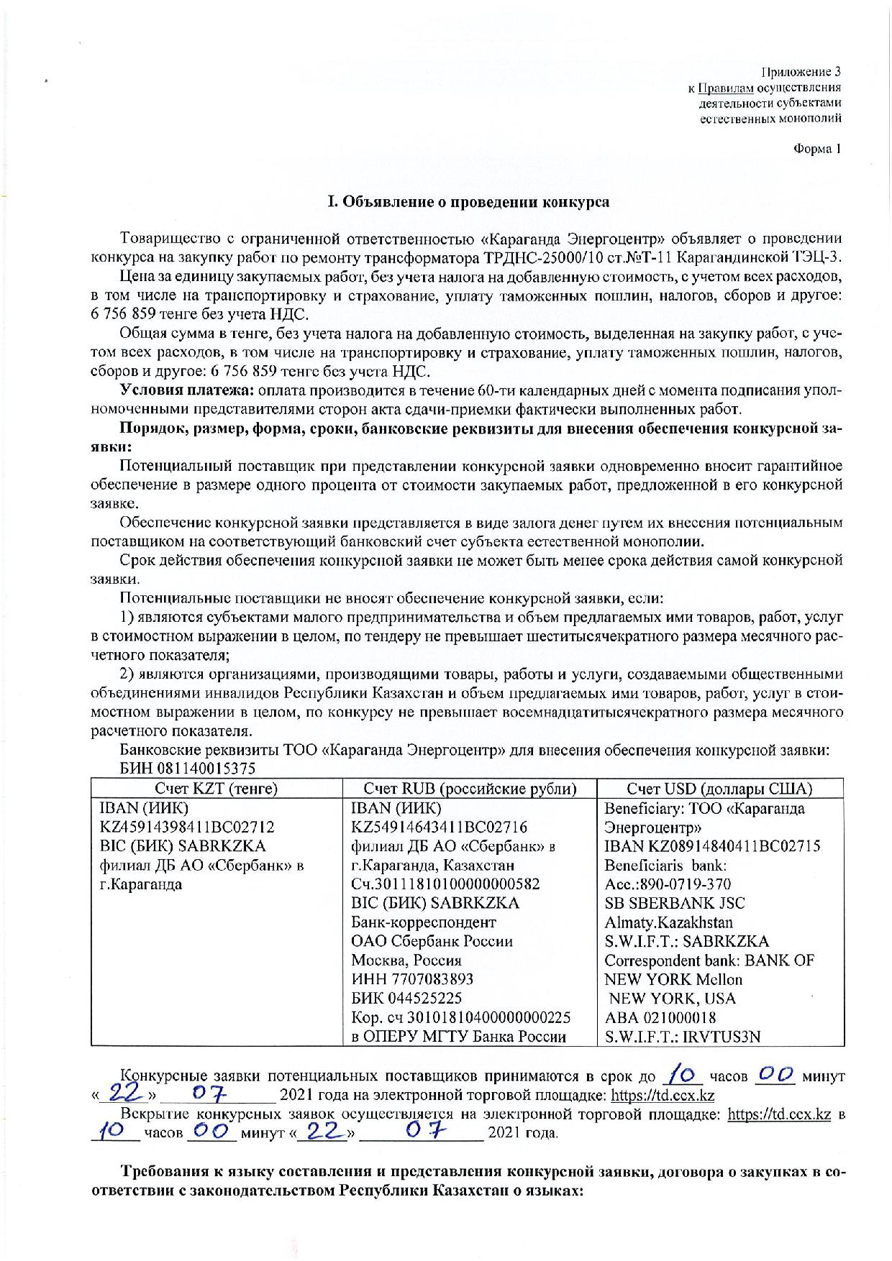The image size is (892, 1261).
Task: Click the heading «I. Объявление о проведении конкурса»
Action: coord(468,202)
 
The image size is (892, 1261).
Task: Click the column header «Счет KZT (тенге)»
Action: coord(217,789)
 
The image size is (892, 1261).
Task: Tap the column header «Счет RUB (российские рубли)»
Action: coord(470,789)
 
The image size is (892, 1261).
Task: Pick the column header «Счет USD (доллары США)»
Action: coord(719,789)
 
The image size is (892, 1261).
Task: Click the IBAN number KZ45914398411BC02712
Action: coord(186,827)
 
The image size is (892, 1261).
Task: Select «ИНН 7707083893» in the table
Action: coord(412,979)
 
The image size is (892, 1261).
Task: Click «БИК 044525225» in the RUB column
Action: coord(406,999)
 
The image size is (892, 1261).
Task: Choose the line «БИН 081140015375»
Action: coord(188,769)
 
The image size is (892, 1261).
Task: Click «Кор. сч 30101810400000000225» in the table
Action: coord(460,1017)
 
